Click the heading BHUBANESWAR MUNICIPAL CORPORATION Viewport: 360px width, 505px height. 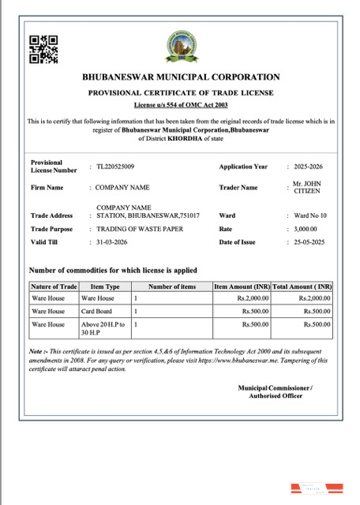pyautogui.click(x=181, y=77)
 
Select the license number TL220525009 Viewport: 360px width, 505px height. pyautogui.click(x=115, y=166)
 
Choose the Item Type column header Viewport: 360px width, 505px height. pyautogui.click(x=105, y=286)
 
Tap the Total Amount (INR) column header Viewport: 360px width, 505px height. pyautogui.click(x=302, y=286)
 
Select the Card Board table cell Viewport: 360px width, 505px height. pyautogui.click(x=96, y=312)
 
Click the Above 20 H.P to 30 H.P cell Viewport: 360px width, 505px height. pyautogui.click(x=103, y=328)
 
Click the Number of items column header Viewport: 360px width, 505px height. pyautogui.click(x=171, y=286)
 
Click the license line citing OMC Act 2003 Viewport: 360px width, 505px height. pyautogui.click(x=181, y=104)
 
